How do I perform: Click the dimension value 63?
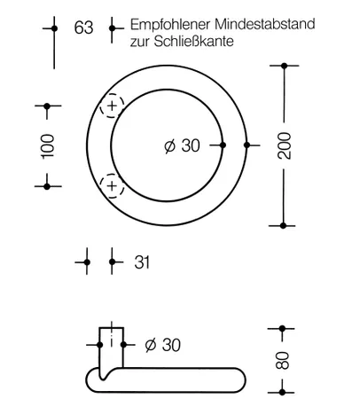(x=83, y=27)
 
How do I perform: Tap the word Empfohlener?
(x=169, y=25)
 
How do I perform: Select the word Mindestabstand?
(x=263, y=24)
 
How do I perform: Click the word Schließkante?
(x=193, y=41)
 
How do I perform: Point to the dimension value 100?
(x=48, y=146)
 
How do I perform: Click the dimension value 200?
(x=285, y=146)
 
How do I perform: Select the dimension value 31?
(x=142, y=262)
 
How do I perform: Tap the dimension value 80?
(x=282, y=360)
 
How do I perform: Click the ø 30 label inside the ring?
(x=182, y=145)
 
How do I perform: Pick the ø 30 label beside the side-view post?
(x=163, y=345)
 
